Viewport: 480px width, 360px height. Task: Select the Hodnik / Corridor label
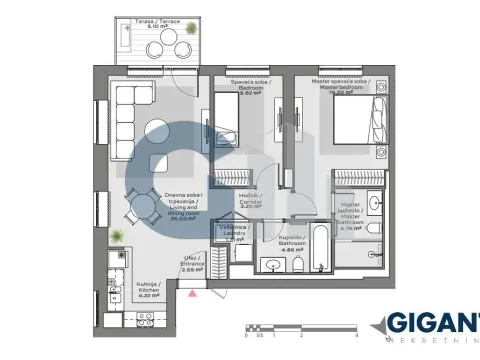250,200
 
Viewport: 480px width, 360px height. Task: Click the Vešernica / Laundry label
234,232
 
